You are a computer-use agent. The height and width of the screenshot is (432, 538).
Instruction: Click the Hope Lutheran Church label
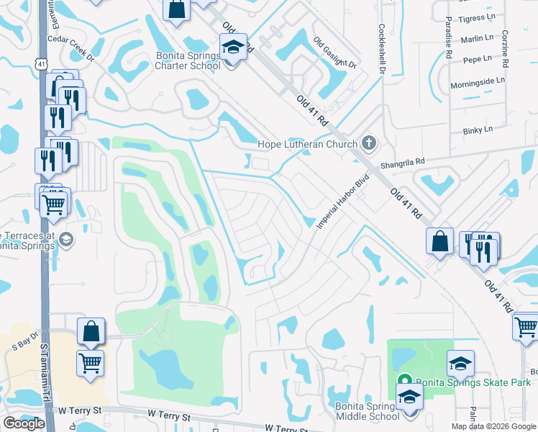[308, 145]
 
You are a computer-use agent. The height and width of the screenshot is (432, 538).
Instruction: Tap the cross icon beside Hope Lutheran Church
[369, 143]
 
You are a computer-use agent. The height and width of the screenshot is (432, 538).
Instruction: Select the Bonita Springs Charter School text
[188, 60]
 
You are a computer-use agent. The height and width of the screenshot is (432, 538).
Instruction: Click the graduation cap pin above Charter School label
[232, 48]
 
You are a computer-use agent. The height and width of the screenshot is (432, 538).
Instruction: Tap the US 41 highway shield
[41, 64]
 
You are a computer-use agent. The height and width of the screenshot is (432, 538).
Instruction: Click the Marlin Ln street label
[478, 37]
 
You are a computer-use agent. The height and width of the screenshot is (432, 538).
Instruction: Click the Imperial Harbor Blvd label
[343, 202]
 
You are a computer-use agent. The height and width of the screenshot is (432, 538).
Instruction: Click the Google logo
[24, 423]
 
